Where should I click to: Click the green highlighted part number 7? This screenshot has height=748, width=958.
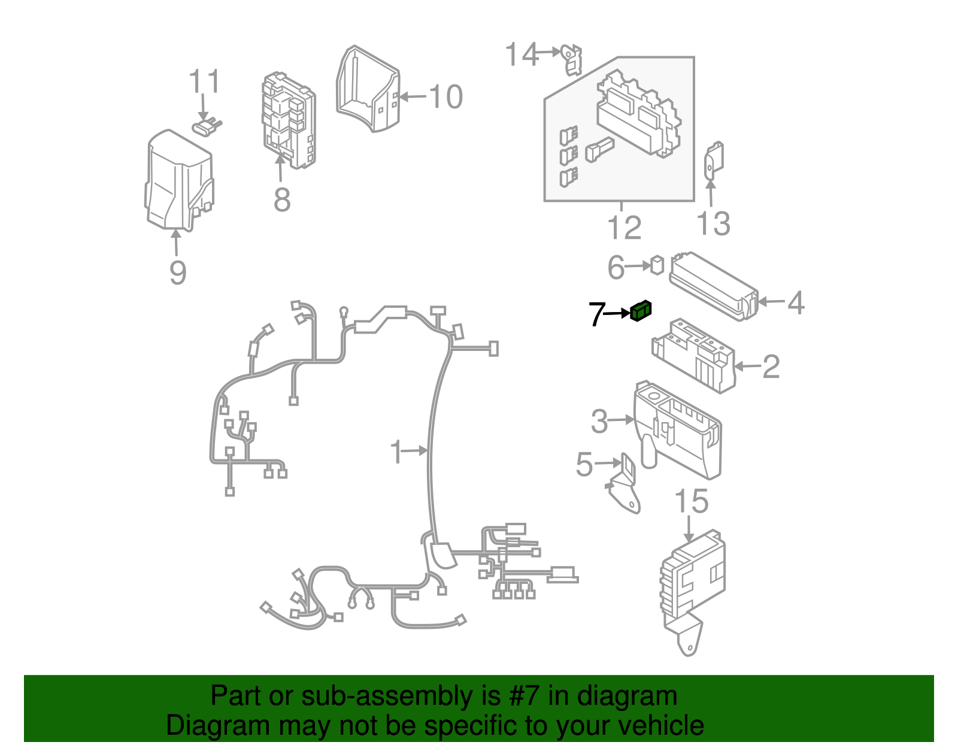[641, 311]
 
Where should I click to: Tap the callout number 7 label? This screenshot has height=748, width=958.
[598, 314]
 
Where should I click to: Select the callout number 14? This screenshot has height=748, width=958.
[522, 54]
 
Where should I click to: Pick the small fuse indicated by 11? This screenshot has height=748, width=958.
[207, 127]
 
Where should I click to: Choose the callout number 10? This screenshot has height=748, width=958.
[446, 96]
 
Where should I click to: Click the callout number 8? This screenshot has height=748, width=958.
[282, 199]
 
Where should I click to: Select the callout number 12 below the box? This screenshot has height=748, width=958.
[624, 228]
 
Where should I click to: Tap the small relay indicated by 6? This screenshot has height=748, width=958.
[657, 265]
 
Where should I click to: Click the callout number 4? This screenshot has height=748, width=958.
[796, 303]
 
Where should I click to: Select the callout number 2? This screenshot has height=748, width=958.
[771, 367]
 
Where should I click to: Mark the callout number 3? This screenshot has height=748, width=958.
[599, 421]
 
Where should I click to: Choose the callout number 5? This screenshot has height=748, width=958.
[584, 464]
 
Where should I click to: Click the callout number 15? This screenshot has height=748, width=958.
[692, 501]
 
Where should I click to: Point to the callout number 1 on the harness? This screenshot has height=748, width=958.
[396, 452]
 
